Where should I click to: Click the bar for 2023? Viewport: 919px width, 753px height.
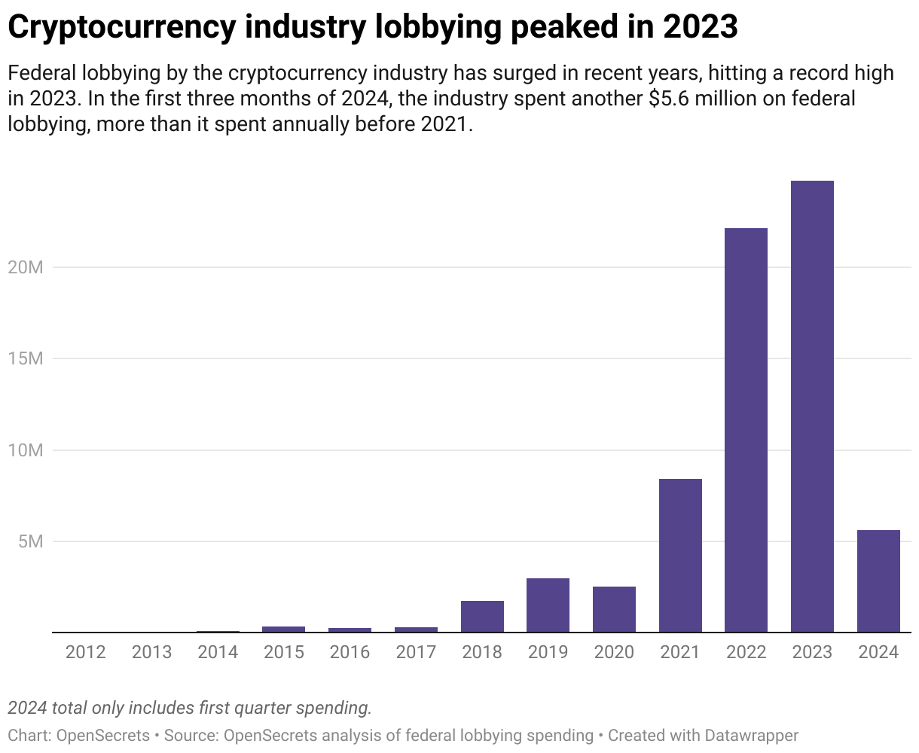(x=812, y=407)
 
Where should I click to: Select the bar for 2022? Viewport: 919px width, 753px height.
(x=746, y=430)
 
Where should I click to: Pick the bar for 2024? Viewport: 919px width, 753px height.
(x=878, y=581)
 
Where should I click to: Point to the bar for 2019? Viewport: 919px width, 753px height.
(x=548, y=605)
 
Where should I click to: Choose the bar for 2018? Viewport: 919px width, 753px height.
(x=482, y=617)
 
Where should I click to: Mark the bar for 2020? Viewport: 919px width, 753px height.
(x=614, y=609)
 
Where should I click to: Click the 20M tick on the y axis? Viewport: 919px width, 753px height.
(x=26, y=267)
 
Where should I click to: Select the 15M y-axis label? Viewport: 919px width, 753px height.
(x=26, y=358)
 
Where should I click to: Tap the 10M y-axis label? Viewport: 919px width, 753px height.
(x=26, y=450)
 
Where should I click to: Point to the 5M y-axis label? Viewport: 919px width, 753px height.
(x=30, y=541)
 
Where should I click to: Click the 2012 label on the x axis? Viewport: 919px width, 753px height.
(x=85, y=652)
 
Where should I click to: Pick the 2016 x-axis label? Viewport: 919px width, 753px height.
(x=350, y=652)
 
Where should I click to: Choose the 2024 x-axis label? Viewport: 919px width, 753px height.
(x=878, y=652)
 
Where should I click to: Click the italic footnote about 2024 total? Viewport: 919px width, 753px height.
(x=190, y=708)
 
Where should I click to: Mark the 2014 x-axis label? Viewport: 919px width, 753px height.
(x=218, y=652)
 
